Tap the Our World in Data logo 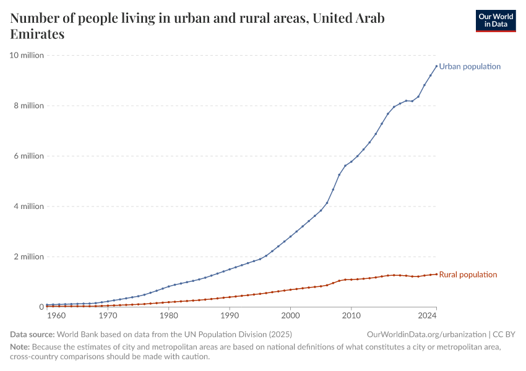pyautogui.click(x=495, y=20)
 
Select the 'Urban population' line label pyautogui.click(x=470, y=66)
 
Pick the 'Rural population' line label pyautogui.click(x=468, y=275)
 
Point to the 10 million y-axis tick pyautogui.click(x=27, y=56)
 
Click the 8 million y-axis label pyautogui.click(x=28, y=106)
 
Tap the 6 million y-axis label pyautogui.click(x=28, y=156)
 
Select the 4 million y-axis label pyautogui.click(x=28, y=207)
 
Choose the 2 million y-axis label pyautogui.click(x=28, y=257)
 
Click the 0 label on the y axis pyautogui.click(x=41, y=307)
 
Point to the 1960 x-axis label pyautogui.click(x=56, y=316)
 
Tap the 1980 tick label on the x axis pyautogui.click(x=168, y=316)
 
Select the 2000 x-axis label pyautogui.click(x=290, y=316)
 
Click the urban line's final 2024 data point pyautogui.click(x=436, y=66)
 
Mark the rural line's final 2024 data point pyautogui.click(x=436, y=274)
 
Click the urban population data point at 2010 pyautogui.click(x=351, y=162)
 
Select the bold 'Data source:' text pyautogui.click(x=32, y=335)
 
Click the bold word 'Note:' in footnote pyautogui.click(x=21, y=348)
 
